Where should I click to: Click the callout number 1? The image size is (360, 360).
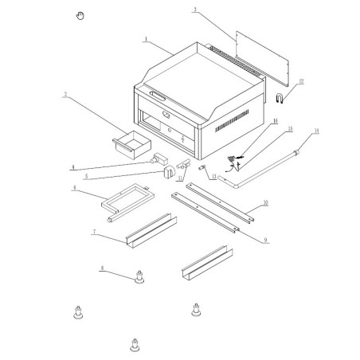pos(147,37)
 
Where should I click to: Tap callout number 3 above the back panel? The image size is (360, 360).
pos(194,10)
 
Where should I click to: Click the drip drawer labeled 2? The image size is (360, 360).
pos(131,145)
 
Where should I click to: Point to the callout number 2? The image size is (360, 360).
pos(65,94)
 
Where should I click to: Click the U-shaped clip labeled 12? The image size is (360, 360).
pos(280,98)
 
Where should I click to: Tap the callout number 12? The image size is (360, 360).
pos(301,81)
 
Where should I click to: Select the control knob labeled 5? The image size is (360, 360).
pos(168,171)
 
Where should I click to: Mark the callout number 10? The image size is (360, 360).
pos(265,204)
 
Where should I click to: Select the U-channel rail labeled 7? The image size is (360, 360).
pos(147,230)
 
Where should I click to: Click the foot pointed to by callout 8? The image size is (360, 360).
pos(140,278)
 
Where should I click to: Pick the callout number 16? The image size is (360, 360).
pos(275,122)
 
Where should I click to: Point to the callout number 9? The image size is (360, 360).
pos(264,239)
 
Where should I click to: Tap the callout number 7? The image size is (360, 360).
pos(94,232)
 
